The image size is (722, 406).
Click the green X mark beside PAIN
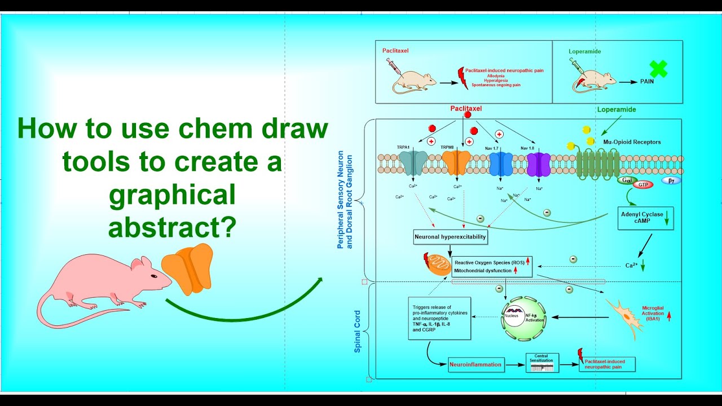[658, 69]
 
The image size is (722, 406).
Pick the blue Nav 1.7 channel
[500, 164]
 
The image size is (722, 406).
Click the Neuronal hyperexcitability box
[450, 237]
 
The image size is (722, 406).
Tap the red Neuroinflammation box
[475, 364]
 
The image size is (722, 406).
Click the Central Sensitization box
[542, 363]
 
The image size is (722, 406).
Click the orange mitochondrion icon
[438, 264]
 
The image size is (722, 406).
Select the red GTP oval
[642, 184]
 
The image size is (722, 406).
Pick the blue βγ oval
[671, 180]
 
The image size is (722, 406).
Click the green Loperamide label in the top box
[584, 51]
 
